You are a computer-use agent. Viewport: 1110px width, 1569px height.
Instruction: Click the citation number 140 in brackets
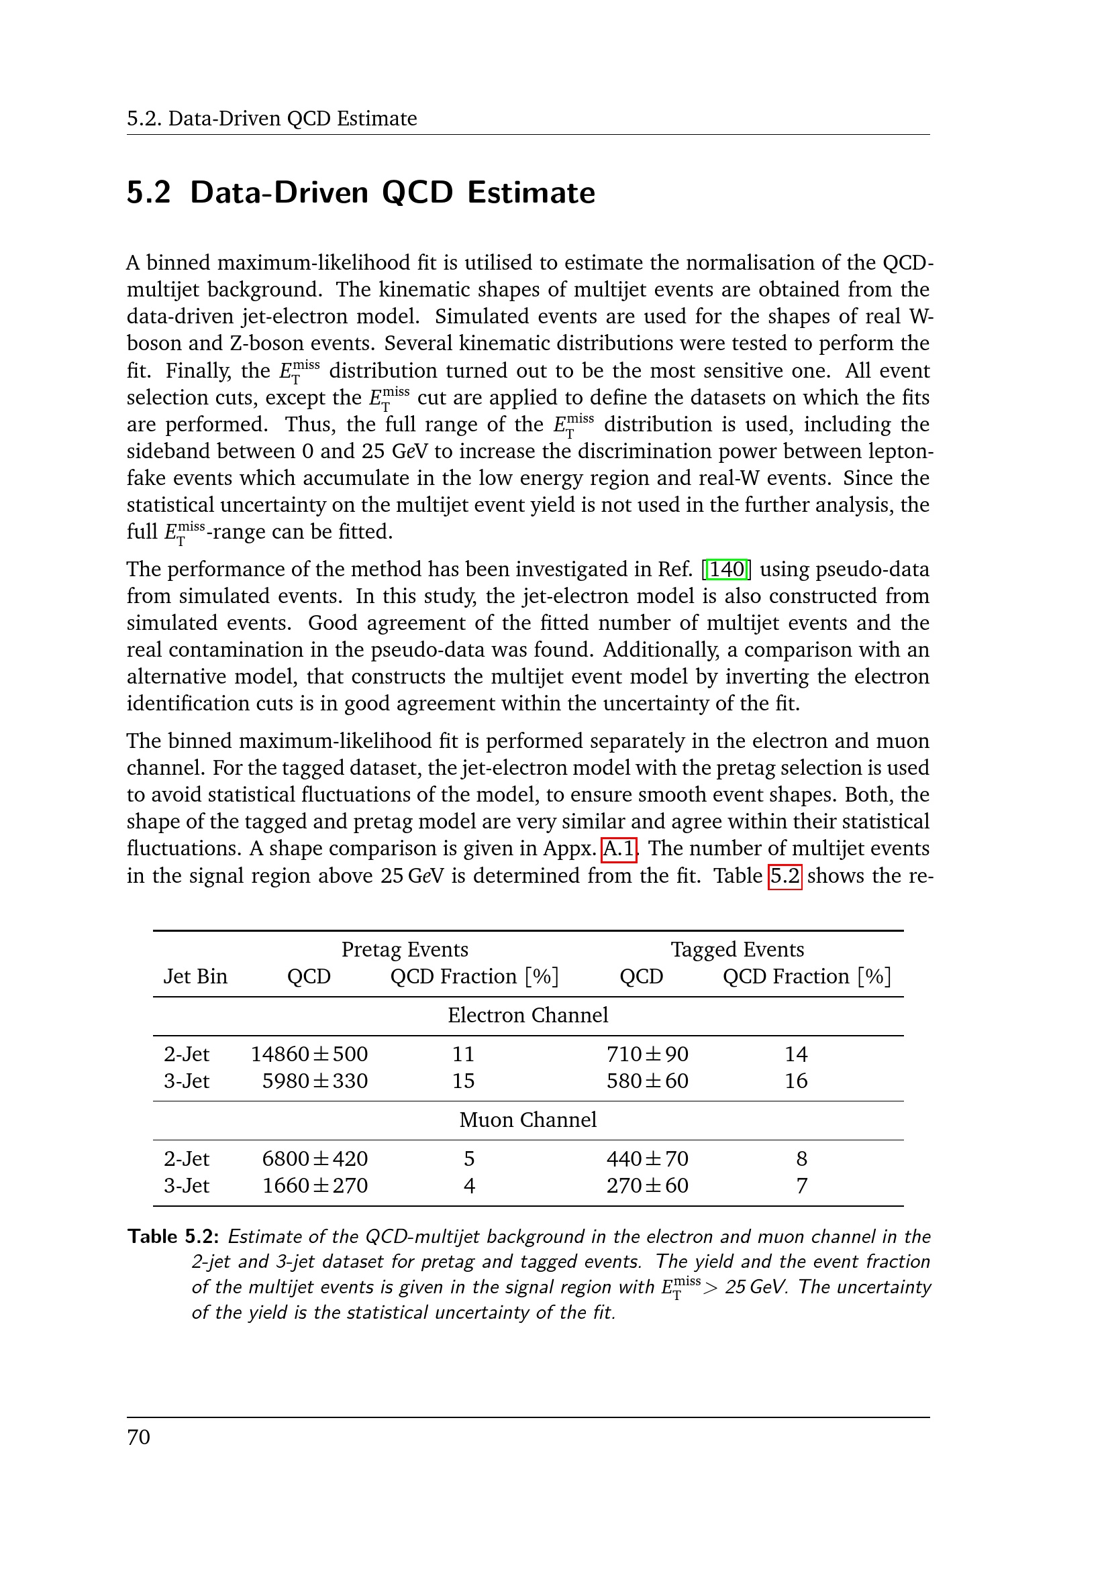click(x=727, y=570)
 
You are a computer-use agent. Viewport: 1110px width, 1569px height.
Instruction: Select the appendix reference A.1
click(x=619, y=849)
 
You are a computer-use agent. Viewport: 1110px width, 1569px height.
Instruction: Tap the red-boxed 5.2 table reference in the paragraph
click(x=785, y=875)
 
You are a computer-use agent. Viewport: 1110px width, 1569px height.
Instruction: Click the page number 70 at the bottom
click(x=139, y=1437)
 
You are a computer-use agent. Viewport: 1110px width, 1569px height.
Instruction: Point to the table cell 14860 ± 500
click(x=309, y=1054)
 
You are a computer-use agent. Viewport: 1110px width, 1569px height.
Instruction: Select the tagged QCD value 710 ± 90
click(x=647, y=1054)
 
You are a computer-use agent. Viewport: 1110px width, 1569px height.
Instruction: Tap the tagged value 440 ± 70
click(x=647, y=1158)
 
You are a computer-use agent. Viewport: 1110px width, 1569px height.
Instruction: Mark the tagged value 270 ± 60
click(x=647, y=1185)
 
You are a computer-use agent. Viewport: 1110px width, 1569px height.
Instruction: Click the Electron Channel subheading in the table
click(x=527, y=1015)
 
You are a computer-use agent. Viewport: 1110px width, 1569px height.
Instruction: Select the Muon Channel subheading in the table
click(x=527, y=1120)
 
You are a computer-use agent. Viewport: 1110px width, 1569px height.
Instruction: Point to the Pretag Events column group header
click(x=405, y=949)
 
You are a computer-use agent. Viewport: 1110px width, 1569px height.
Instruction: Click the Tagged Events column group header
click(x=737, y=949)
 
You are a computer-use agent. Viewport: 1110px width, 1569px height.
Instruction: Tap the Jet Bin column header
click(x=195, y=976)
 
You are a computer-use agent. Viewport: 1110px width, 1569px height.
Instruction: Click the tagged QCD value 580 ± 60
click(x=647, y=1081)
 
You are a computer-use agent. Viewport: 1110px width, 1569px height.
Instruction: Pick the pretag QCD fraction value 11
click(x=464, y=1054)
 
